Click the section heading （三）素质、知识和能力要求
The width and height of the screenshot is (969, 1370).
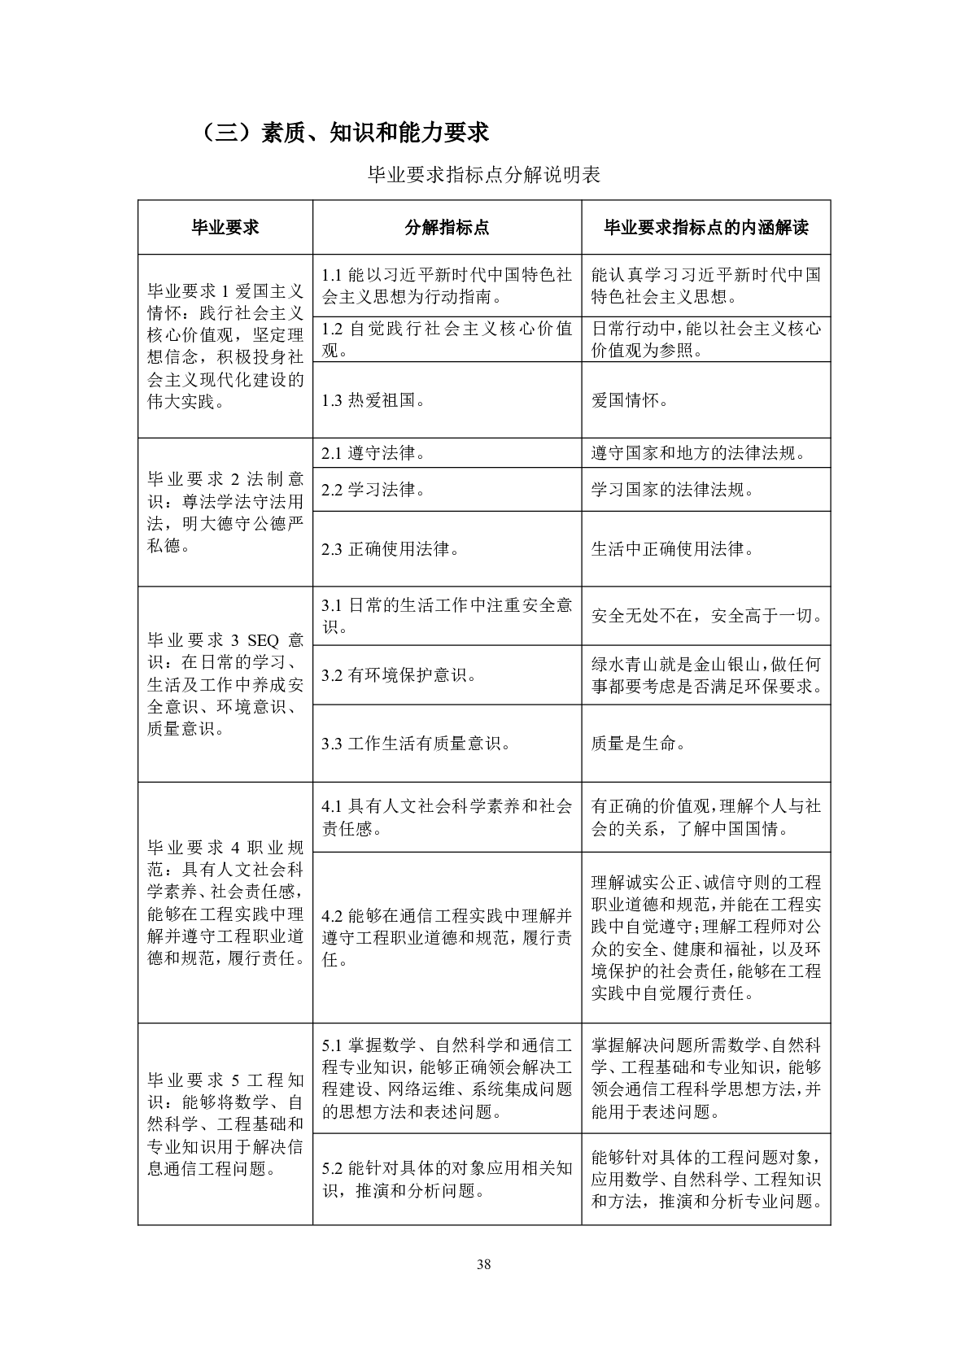coord(345,132)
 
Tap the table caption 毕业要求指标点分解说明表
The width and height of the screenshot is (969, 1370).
coord(484,175)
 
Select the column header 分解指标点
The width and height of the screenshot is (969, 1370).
coord(447,228)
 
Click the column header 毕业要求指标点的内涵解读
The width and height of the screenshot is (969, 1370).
coord(705,228)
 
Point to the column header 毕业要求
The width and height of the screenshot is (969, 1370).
coord(225,228)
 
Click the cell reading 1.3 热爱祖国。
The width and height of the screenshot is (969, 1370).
coord(373,400)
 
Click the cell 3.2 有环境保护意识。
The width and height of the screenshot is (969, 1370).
coord(399,675)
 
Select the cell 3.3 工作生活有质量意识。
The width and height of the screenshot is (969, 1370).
coord(416,744)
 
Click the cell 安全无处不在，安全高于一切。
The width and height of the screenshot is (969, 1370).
coord(706,616)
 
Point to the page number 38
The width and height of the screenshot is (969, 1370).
coord(484,1264)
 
